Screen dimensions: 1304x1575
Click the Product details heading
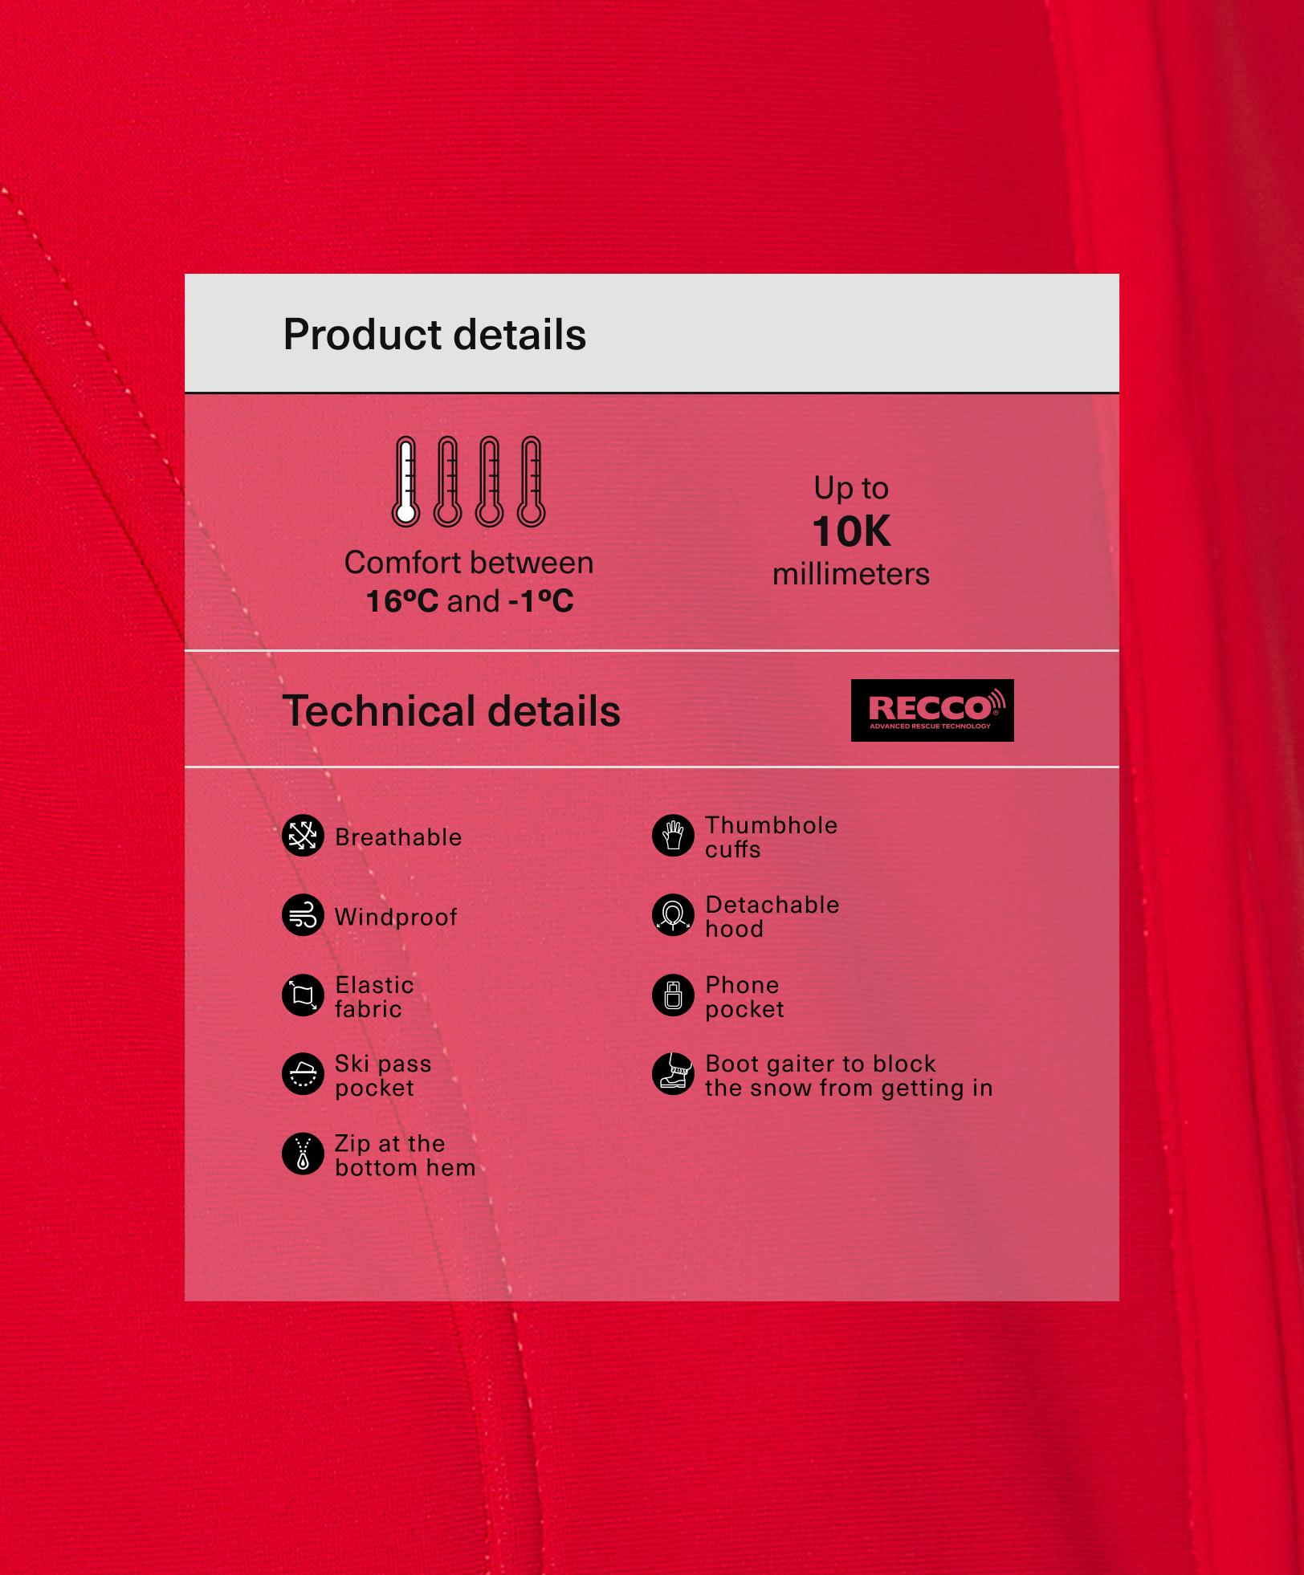434,335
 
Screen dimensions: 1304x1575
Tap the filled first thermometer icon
405,482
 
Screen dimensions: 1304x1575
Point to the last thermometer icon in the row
531,482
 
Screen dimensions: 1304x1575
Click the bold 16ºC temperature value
402,601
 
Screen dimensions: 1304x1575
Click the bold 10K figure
851,531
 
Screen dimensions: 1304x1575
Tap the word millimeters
851,575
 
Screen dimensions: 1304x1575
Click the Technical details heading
451,711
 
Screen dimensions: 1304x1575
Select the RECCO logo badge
932,710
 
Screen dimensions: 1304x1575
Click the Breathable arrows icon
303,836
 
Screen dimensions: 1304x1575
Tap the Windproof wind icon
303,915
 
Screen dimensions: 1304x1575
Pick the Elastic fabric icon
303,995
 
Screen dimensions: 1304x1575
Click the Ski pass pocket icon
303,1074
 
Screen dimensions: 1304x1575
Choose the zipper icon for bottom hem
303,1154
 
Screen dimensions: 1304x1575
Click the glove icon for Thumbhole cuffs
673,836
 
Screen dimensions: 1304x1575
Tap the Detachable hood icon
673,915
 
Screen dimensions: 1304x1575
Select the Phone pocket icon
673,995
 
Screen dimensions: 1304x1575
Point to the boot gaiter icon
673,1074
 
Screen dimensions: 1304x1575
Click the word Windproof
396,917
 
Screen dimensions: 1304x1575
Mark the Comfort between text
469,563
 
